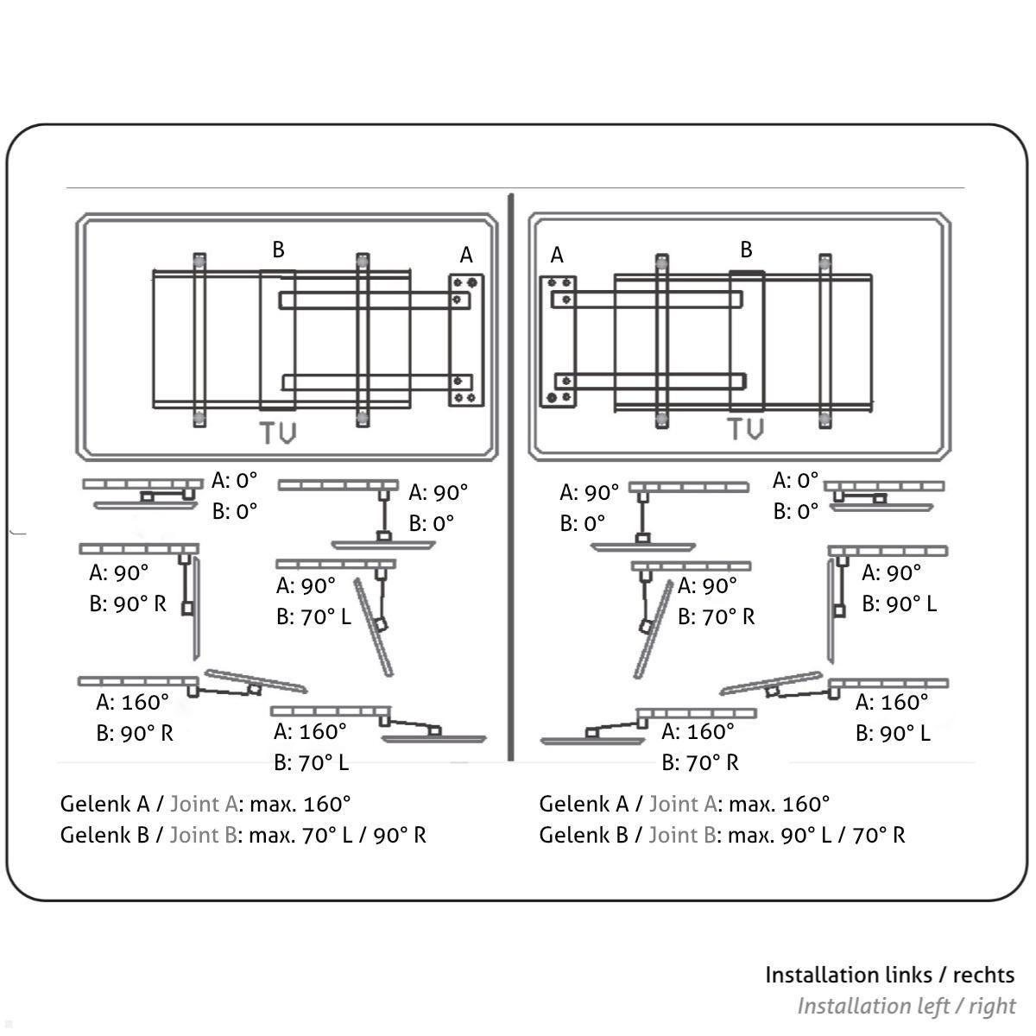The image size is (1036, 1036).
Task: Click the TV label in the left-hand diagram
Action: (x=278, y=433)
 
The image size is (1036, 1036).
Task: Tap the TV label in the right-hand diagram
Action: (x=745, y=428)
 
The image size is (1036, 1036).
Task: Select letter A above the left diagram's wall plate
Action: (x=466, y=255)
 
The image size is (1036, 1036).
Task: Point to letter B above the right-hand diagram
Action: (x=746, y=250)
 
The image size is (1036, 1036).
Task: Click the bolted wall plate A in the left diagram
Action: (x=466, y=340)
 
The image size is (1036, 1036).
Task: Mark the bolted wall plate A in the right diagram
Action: (x=558, y=340)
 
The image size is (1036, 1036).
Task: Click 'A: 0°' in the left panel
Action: (x=235, y=480)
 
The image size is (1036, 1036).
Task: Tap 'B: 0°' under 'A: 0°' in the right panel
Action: (x=795, y=511)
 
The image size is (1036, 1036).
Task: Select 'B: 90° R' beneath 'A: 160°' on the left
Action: (x=135, y=733)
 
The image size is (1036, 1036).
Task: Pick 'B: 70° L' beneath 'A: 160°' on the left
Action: (x=312, y=762)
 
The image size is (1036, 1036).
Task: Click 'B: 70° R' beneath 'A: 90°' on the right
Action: (x=716, y=616)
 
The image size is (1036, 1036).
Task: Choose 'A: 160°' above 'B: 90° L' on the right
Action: (x=892, y=702)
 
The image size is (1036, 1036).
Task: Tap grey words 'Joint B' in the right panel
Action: (x=682, y=835)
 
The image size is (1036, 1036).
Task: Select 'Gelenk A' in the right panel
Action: (x=584, y=804)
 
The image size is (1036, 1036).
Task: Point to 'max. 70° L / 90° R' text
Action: (x=337, y=835)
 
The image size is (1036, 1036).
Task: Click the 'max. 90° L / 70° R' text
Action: (x=816, y=835)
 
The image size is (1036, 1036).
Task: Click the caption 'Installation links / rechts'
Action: (x=889, y=975)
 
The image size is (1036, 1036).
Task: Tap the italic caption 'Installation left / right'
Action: (x=906, y=1006)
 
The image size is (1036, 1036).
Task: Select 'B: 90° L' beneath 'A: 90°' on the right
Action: (x=899, y=603)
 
